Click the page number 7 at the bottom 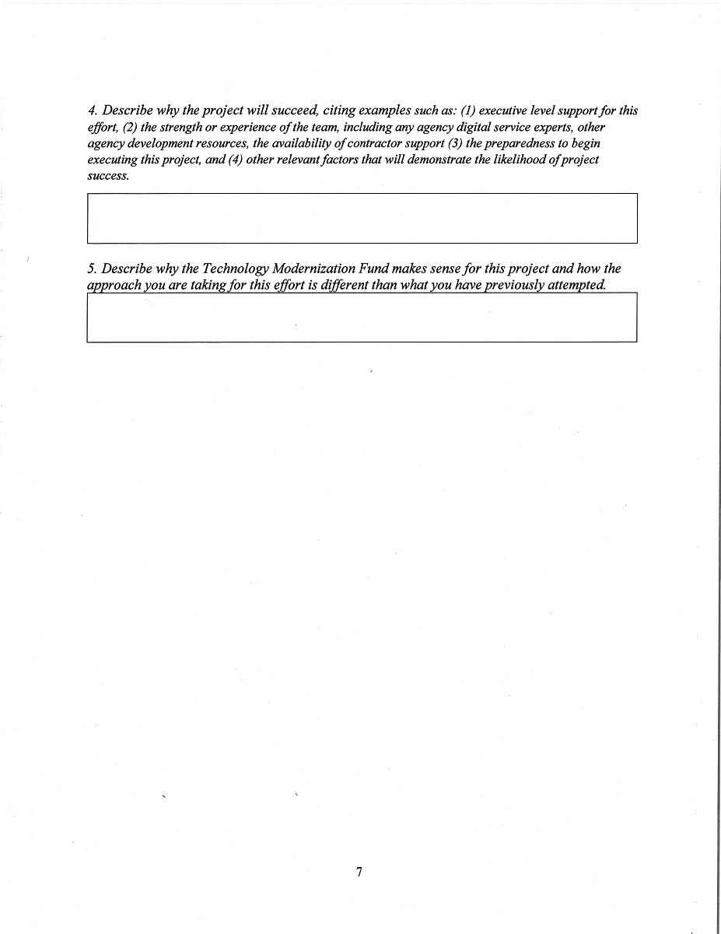tap(359, 872)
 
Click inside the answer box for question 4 tap(362, 218)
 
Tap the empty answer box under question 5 tap(362, 318)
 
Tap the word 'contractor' tap(380, 143)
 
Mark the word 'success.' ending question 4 tap(108, 176)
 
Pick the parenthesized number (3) tap(455, 143)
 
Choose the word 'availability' tap(305, 143)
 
